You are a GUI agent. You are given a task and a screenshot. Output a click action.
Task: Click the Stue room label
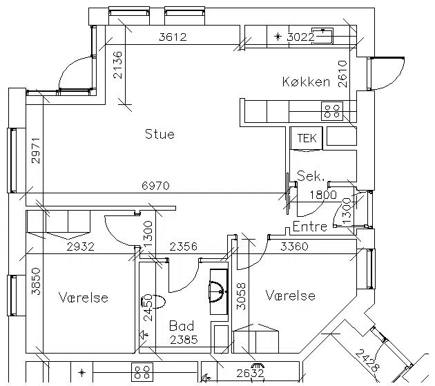coord(159,134)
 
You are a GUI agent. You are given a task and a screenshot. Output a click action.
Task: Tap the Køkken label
coord(306,82)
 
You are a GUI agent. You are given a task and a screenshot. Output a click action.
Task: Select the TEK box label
coord(307,138)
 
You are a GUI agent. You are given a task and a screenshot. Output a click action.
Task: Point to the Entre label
coord(310,226)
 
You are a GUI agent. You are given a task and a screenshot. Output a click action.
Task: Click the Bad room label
coord(182,326)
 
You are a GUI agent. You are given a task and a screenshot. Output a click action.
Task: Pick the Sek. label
coord(311,176)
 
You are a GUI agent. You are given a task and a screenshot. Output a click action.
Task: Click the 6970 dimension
coord(155,186)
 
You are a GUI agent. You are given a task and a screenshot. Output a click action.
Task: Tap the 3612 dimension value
coord(173,37)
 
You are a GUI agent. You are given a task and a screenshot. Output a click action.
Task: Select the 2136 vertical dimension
coord(117,65)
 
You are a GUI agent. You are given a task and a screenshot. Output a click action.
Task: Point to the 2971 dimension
coord(36,151)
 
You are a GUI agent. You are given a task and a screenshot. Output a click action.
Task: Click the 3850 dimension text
coord(36,281)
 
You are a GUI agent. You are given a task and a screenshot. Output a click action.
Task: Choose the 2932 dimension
coord(81,247)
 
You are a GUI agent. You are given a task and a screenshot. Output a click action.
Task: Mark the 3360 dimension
coord(294,246)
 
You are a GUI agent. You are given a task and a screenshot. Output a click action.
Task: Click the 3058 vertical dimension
coord(241,296)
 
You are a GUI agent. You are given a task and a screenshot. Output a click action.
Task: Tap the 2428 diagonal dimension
coord(367,360)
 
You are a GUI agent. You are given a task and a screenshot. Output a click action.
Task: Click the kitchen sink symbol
coord(322,36)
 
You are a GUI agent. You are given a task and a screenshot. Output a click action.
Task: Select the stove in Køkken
coord(332,111)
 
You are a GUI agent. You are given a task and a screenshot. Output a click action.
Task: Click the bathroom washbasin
coord(219,291)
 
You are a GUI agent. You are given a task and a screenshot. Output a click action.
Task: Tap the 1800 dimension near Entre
coord(323,195)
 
